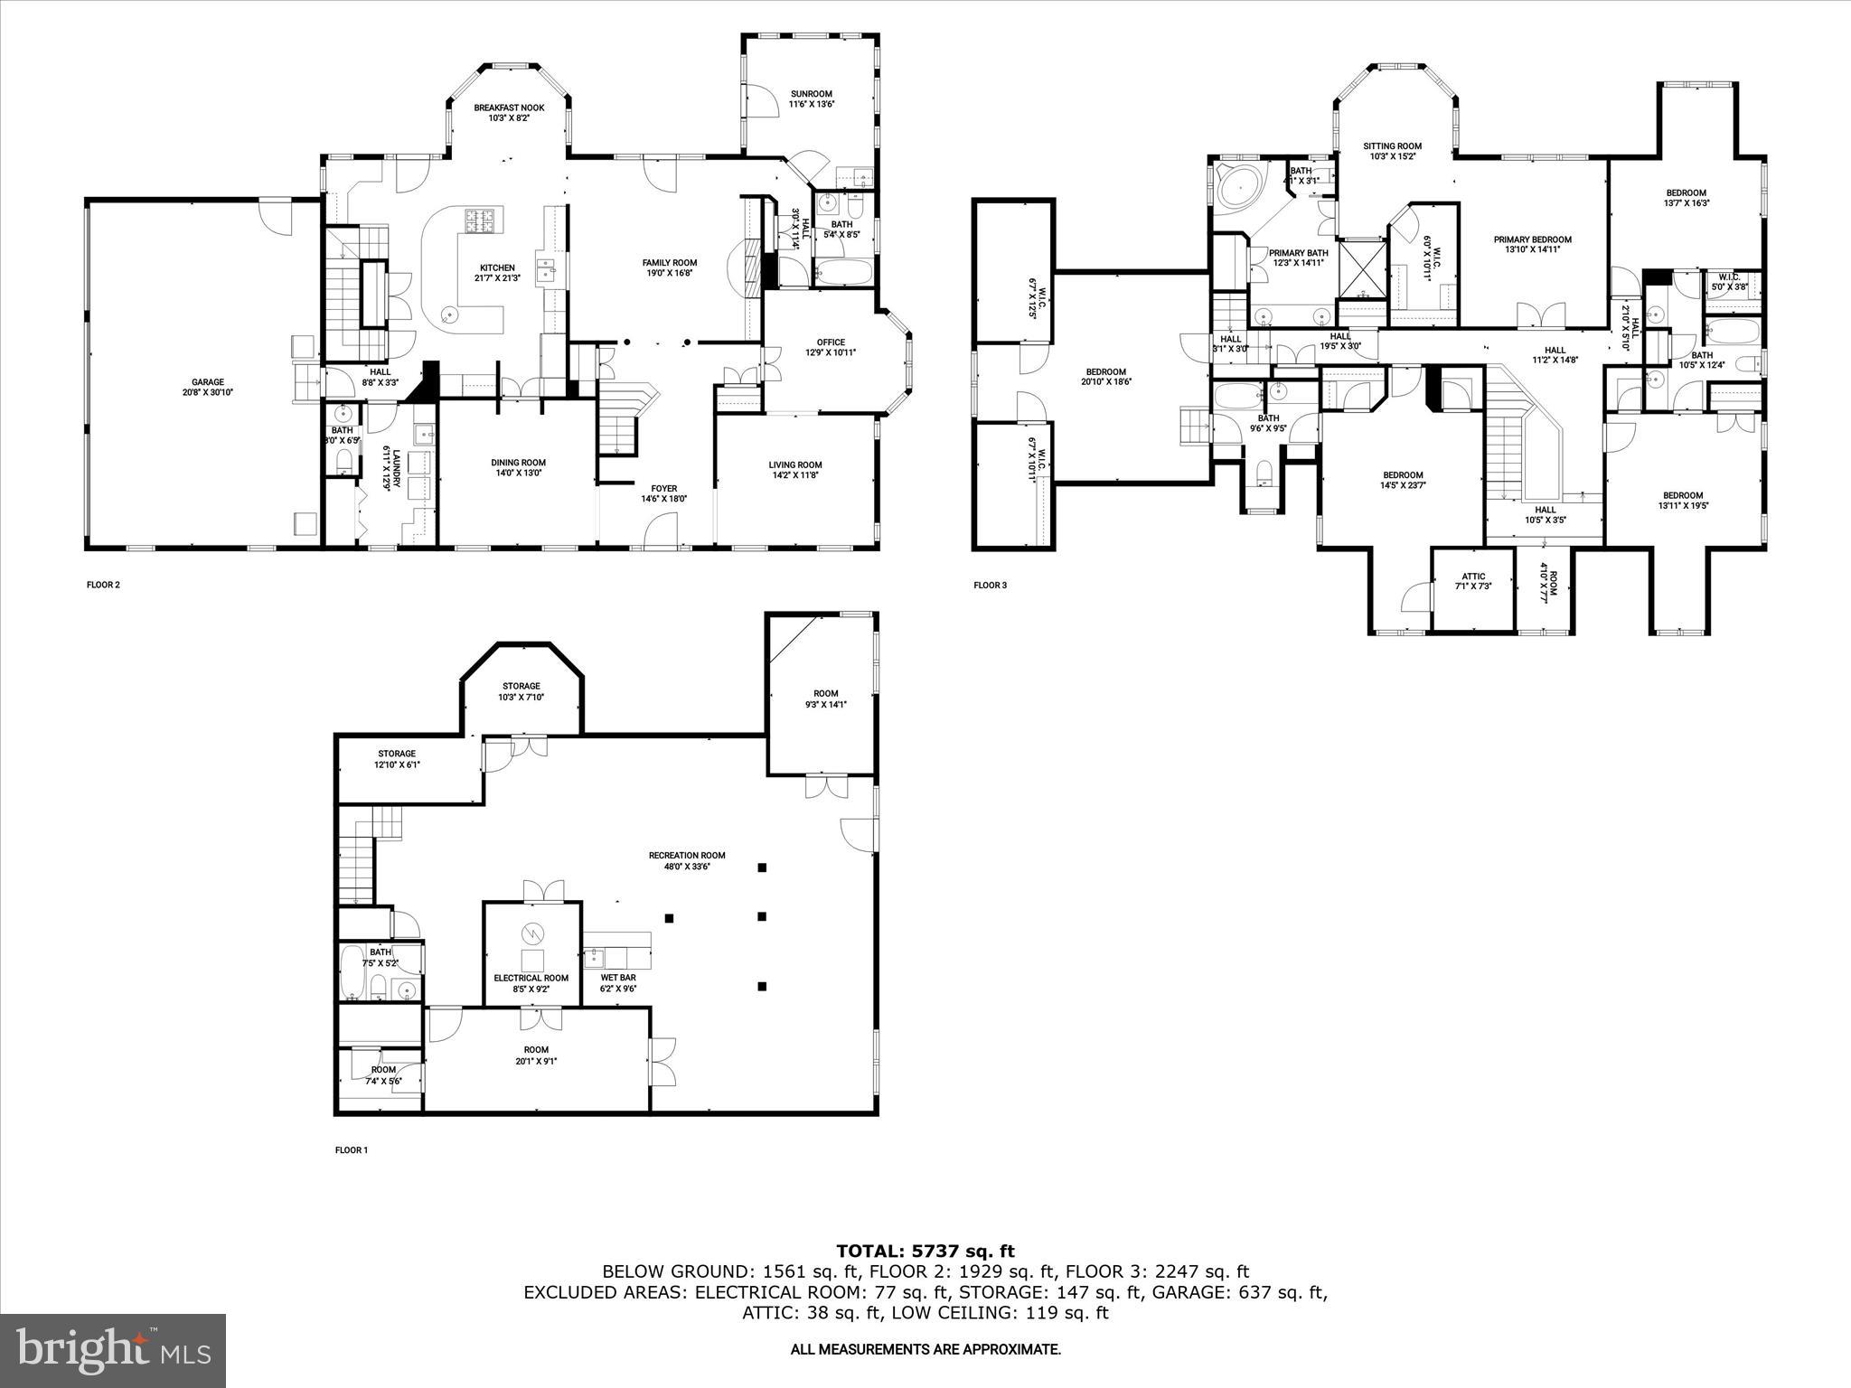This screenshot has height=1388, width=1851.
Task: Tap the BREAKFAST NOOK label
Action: point(509,108)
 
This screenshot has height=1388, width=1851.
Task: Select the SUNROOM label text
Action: point(811,94)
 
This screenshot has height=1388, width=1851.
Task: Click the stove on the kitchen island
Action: point(484,221)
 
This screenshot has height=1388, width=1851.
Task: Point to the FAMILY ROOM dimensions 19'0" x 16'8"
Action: point(670,274)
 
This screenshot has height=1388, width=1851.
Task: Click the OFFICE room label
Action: point(831,342)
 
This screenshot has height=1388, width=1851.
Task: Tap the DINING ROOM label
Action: point(518,462)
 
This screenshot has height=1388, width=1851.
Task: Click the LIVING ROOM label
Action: point(795,464)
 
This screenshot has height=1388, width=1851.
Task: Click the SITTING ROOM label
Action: point(1392,145)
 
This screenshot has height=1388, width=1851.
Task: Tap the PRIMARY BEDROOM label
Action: point(1532,239)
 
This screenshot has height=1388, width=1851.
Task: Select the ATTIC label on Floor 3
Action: point(1473,577)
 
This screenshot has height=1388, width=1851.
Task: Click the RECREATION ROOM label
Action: point(687,855)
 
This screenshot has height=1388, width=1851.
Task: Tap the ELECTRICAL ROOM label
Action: point(531,978)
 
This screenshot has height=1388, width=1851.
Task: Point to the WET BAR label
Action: point(618,978)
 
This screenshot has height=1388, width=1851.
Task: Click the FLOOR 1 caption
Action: point(352,1150)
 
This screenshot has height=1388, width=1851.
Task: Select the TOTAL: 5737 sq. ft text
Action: point(925,1251)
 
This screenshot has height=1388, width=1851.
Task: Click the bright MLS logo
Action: point(113,1351)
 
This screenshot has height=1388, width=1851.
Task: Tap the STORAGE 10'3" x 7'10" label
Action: point(521,686)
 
